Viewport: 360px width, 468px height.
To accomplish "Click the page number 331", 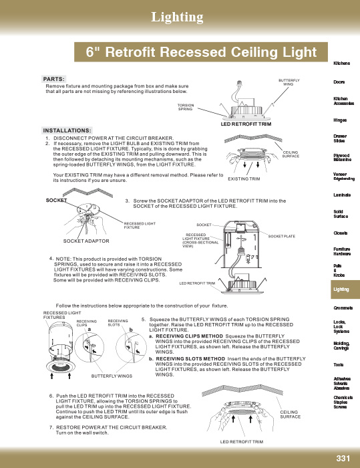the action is point(343,458).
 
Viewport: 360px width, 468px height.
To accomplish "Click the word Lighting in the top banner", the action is point(177,17).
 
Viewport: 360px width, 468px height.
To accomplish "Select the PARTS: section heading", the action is point(53,79).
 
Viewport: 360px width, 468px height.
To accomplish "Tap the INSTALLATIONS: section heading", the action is point(67,130).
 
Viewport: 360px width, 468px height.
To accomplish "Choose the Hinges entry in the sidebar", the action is point(340,120).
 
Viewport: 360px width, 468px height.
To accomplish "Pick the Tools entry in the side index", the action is point(338,365).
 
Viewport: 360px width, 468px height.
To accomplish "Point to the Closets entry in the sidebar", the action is point(341,233).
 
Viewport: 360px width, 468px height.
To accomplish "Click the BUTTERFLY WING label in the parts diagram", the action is point(289,82).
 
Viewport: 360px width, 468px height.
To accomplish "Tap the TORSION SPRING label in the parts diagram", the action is point(186,107).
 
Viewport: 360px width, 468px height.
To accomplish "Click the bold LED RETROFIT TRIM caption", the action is point(246,124).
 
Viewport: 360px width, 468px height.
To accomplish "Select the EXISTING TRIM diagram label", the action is point(244,179).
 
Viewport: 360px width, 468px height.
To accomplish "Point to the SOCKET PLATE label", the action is point(281,236).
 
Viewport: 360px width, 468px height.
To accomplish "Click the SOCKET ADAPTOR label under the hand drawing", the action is point(86,241).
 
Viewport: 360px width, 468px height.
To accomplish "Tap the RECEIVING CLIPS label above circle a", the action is point(86,323).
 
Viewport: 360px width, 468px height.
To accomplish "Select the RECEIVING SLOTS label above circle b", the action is point(118,323).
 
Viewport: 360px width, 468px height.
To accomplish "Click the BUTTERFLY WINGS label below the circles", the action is point(112,376).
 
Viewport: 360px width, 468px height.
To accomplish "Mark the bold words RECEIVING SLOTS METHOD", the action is point(190,358).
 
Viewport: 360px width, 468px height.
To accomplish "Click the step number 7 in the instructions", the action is point(51,427).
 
